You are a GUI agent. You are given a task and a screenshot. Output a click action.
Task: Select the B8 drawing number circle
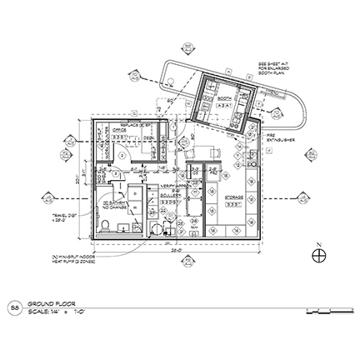(15, 307)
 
